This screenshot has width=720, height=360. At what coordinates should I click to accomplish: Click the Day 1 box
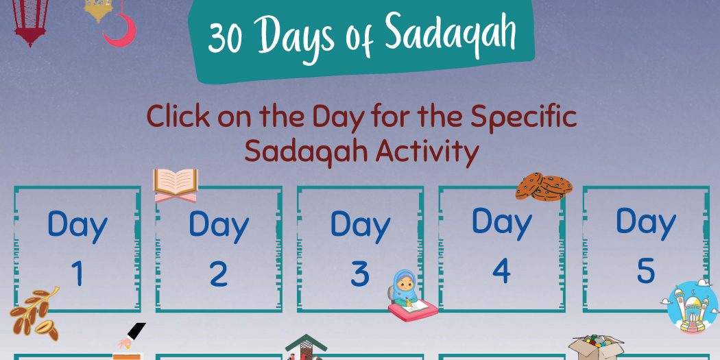[77, 250]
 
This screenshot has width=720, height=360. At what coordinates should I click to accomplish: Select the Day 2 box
[219, 250]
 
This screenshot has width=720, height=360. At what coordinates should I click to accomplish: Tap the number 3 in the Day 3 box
[360, 274]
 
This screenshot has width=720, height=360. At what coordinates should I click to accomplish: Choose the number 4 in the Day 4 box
[501, 272]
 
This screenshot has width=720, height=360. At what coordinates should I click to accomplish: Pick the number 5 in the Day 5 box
[646, 272]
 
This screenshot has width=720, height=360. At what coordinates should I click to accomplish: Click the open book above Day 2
[176, 185]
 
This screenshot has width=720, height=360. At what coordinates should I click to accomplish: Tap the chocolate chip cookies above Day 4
[544, 187]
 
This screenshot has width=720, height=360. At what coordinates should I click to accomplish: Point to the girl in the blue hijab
[411, 296]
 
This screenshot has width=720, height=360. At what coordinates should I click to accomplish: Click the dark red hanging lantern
[30, 21]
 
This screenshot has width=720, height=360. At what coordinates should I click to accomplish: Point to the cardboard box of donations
[596, 348]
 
